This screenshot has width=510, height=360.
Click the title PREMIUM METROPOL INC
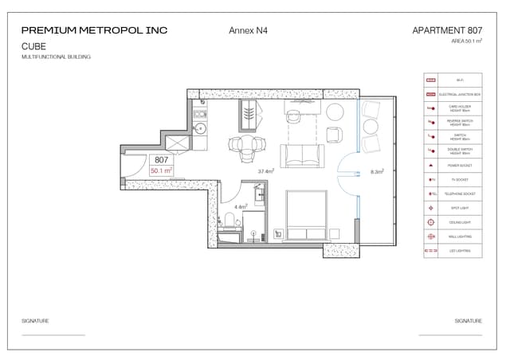95,31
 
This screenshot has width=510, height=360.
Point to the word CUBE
33,46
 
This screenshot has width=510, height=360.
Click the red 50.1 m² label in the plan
162,170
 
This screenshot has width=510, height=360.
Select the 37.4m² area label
266,170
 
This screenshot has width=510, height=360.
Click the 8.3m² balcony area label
378,170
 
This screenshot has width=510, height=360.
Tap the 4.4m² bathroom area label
241,206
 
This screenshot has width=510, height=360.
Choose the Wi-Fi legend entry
460,80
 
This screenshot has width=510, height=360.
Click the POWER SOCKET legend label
460,165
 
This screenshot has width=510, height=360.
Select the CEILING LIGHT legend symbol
431,221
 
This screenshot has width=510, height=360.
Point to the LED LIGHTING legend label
460,250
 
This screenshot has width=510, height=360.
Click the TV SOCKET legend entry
460,179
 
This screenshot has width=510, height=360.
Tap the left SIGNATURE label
35,320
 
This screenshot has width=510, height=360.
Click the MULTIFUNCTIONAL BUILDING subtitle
56,57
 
